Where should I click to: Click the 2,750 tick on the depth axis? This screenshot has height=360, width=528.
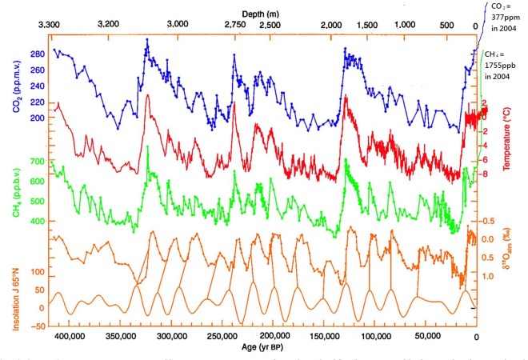coord(234,26)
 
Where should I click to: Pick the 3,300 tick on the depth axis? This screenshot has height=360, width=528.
coord(50,26)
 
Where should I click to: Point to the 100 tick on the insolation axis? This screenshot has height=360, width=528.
coord(38,273)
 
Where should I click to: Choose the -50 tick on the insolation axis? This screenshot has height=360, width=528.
coord(36,326)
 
